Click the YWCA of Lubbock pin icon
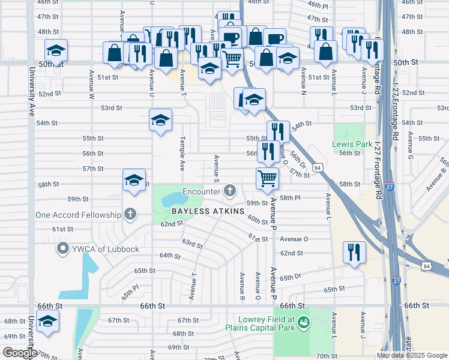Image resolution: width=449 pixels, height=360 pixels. [62, 248]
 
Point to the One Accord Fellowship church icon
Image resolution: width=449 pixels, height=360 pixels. [129, 214]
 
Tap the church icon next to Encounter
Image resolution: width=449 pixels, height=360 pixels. [229, 191]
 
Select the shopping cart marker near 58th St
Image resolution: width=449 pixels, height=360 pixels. [267, 179]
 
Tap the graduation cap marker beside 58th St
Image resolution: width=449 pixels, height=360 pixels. [134, 180]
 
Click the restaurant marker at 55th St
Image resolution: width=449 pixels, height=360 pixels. [277, 132]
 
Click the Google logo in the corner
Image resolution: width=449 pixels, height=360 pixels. [20, 353]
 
